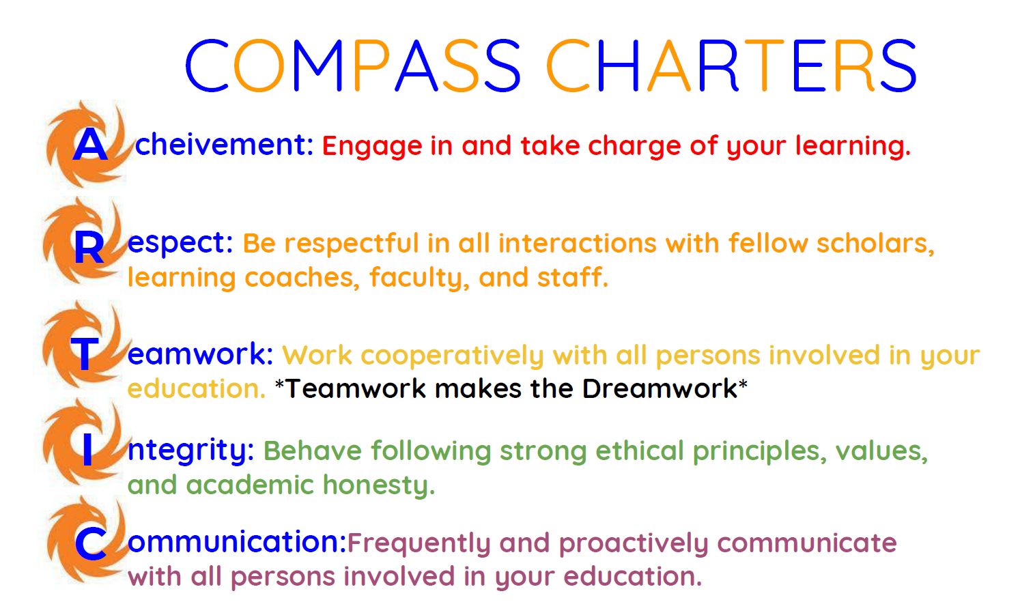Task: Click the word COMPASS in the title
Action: pyautogui.click(x=353, y=65)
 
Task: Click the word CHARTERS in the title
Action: pyautogui.click(x=731, y=65)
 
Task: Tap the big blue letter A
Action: pyautogui.click(x=90, y=145)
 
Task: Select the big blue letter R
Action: pyautogui.click(x=89, y=248)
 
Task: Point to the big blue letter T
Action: pyautogui.click(x=85, y=354)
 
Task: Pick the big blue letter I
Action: pyautogui.click(x=87, y=449)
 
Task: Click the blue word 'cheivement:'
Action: pyautogui.click(x=224, y=144)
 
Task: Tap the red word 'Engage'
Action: pyautogui.click(x=372, y=147)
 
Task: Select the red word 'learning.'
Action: pyautogui.click(x=853, y=147)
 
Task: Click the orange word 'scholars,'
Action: pyautogui.click(x=875, y=243)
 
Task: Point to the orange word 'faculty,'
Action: pyautogui.click(x=419, y=278)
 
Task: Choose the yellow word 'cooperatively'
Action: pyautogui.click(x=452, y=356)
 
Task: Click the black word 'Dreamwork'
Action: pyautogui.click(x=660, y=389)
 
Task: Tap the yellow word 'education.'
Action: pyautogui.click(x=196, y=389)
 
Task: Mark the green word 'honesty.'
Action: pyautogui.click(x=379, y=485)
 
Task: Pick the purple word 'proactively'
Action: pyautogui.click(x=634, y=543)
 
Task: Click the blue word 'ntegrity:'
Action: pyautogui.click(x=190, y=450)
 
